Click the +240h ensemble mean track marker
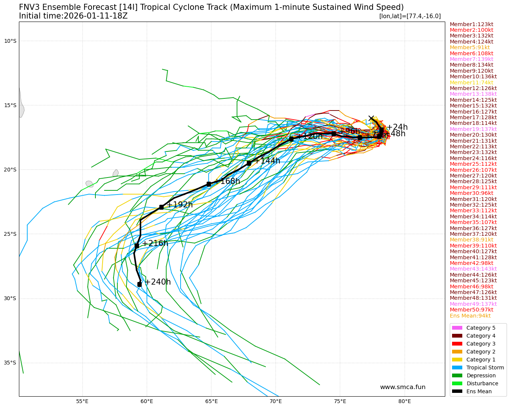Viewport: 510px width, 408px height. coord(139,284)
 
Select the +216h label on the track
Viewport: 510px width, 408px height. coord(155,243)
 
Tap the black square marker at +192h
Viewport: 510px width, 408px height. coord(161,207)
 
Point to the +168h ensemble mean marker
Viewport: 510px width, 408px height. coord(209,184)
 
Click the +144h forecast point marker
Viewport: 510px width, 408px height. coord(249,163)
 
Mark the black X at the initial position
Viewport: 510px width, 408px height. coord(371,118)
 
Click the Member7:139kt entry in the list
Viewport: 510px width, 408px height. coord(471,59)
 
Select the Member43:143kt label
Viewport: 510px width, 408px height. coord(473,269)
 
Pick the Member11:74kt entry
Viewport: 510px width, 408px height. coord(471,83)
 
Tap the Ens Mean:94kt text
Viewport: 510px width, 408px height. coord(470,316)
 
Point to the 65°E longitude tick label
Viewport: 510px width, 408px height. coord(211,401)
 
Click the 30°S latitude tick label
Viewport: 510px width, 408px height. coord(10,298)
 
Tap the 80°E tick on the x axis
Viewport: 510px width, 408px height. coord(404,401)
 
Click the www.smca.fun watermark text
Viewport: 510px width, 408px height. coord(402,387)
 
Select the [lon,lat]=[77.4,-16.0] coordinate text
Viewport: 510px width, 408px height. coord(410,16)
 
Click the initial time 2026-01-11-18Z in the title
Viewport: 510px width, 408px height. coord(95,16)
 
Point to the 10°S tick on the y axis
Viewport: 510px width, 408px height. coord(10,41)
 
